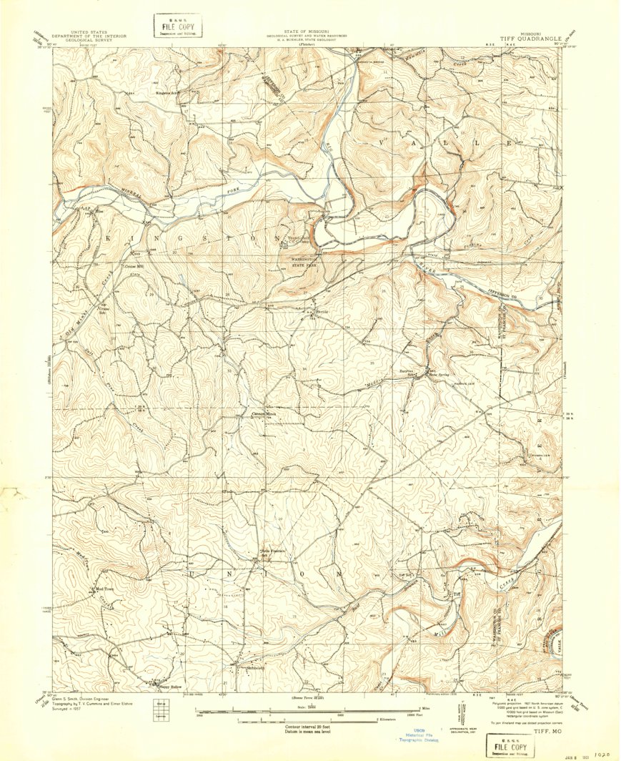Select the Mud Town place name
99,589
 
